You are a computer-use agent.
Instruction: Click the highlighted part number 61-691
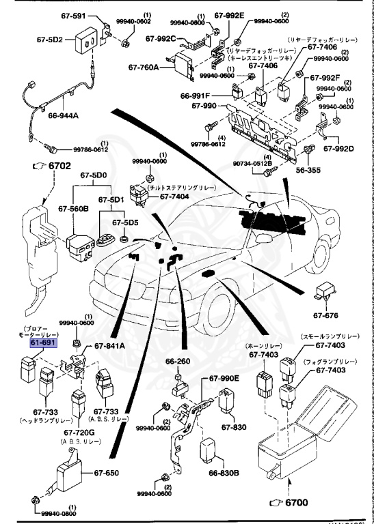[43, 345]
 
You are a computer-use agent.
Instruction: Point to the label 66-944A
[63, 115]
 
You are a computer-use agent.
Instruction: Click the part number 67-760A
[144, 68]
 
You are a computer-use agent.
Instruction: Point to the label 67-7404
[174, 196]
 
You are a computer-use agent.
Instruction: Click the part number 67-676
[326, 315]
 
